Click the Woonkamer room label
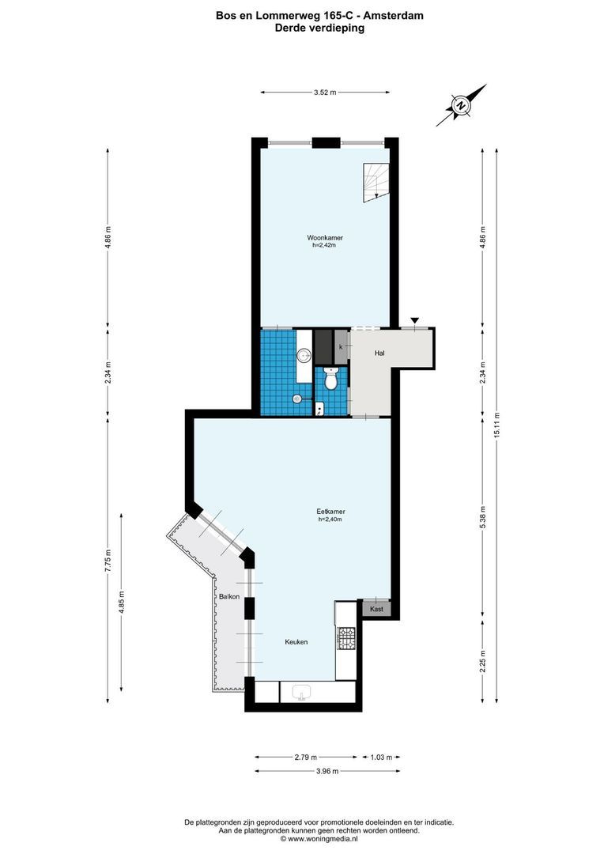point(325,237)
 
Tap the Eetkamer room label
point(331,512)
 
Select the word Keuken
point(296,642)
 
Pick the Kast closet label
point(376,609)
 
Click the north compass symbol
point(460,104)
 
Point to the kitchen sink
point(302,693)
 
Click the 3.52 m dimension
point(325,93)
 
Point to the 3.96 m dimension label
point(327,771)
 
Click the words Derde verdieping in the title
point(319,28)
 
